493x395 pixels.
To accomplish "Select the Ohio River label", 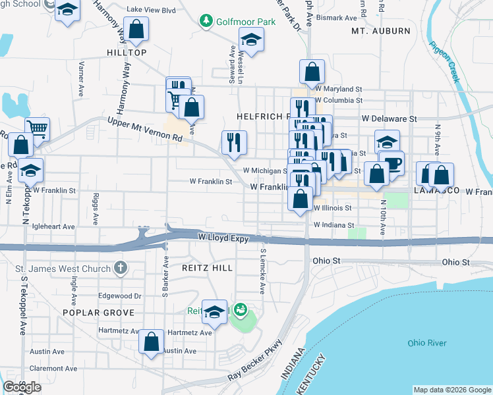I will point(426,343).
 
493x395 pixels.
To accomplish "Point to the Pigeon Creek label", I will point(444,62).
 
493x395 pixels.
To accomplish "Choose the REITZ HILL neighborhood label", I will point(208,268).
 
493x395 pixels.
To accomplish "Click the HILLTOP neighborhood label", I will point(125,52).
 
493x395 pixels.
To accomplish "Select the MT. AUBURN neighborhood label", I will point(376,31).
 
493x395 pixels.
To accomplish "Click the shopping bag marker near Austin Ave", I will point(152,342).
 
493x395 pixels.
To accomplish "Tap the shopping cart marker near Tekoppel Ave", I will point(38,128).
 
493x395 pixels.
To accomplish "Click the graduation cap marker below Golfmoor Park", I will point(251,41).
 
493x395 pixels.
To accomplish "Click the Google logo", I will point(22,387).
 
